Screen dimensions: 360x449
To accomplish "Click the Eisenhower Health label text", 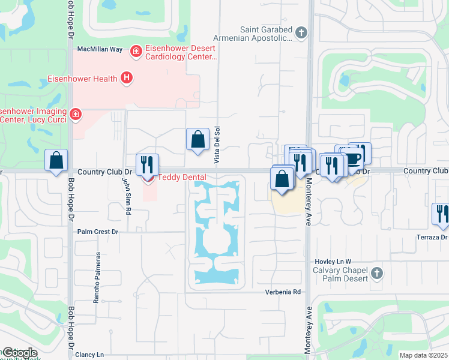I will coord(83,78).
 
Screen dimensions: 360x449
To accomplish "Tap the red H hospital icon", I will coord(126,77).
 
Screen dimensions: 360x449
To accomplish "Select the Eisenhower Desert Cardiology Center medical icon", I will coord(136,52).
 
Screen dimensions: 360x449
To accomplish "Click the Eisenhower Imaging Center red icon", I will coord(76,114).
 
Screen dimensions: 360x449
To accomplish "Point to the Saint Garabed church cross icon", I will coord(301,33).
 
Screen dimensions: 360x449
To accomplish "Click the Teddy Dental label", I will coord(182,177).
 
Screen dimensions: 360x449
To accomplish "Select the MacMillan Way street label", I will coord(100,49).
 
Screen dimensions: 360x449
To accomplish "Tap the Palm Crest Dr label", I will coord(98,231).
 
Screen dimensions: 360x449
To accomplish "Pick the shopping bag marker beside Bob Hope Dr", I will coord(56,161).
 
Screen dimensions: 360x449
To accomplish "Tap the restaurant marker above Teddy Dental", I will coord(147,164).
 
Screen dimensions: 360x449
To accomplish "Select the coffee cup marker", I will coord(352,159).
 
